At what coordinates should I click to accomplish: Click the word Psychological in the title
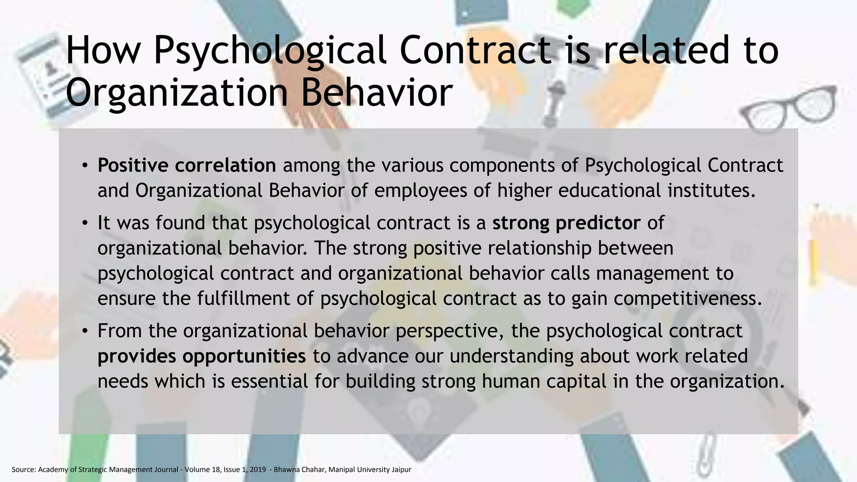pyautogui.click(x=270, y=51)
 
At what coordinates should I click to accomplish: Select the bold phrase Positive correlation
pyautogui.click(x=187, y=165)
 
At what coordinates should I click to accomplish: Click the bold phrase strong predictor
pyautogui.click(x=566, y=223)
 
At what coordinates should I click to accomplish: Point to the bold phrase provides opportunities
pyautogui.click(x=202, y=356)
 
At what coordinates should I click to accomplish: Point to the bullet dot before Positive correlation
pyautogui.click(x=85, y=166)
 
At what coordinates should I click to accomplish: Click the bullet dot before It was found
pyautogui.click(x=85, y=223)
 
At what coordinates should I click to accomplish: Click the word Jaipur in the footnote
pyautogui.click(x=401, y=469)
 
